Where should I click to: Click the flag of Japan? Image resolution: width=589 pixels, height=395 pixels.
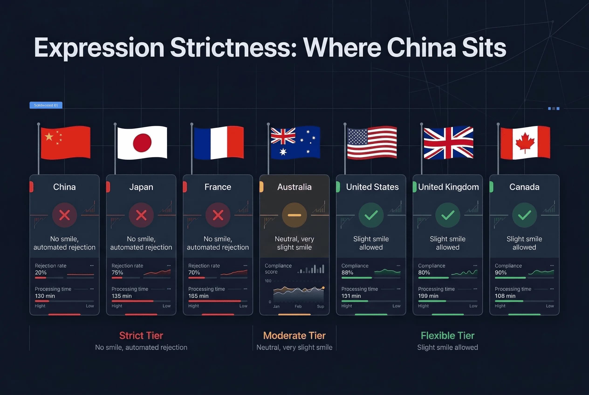pos(142,143)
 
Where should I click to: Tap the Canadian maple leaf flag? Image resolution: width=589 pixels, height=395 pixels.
pos(525,143)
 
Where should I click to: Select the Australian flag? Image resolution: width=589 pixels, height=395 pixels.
pos(295,143)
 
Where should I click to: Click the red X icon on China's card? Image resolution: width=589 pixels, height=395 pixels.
pos(65,215)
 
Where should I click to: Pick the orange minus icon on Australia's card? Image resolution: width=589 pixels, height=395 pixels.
pos(294,215)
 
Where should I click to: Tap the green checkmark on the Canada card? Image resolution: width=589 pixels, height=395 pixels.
pos(524,215)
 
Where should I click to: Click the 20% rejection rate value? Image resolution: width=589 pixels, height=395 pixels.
pos(41,272)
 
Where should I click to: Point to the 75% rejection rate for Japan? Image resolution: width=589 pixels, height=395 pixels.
pos(117,272)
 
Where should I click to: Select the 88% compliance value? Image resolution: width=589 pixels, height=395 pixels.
pos(347,272)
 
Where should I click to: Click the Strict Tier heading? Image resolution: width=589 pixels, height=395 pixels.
pos(141,336)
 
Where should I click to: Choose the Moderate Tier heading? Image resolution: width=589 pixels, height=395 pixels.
pos(294,336)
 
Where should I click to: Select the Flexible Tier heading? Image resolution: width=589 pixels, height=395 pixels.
pos(448,336)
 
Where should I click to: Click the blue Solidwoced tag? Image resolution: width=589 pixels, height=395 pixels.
pos(46,105)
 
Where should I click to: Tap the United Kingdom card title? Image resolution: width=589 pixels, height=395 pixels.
pos(448,187)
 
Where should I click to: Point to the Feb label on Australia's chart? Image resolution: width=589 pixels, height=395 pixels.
pos(298,306)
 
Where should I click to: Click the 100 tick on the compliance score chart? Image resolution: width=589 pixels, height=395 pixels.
pos(268,281)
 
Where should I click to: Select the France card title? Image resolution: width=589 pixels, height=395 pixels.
pos(218,187)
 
